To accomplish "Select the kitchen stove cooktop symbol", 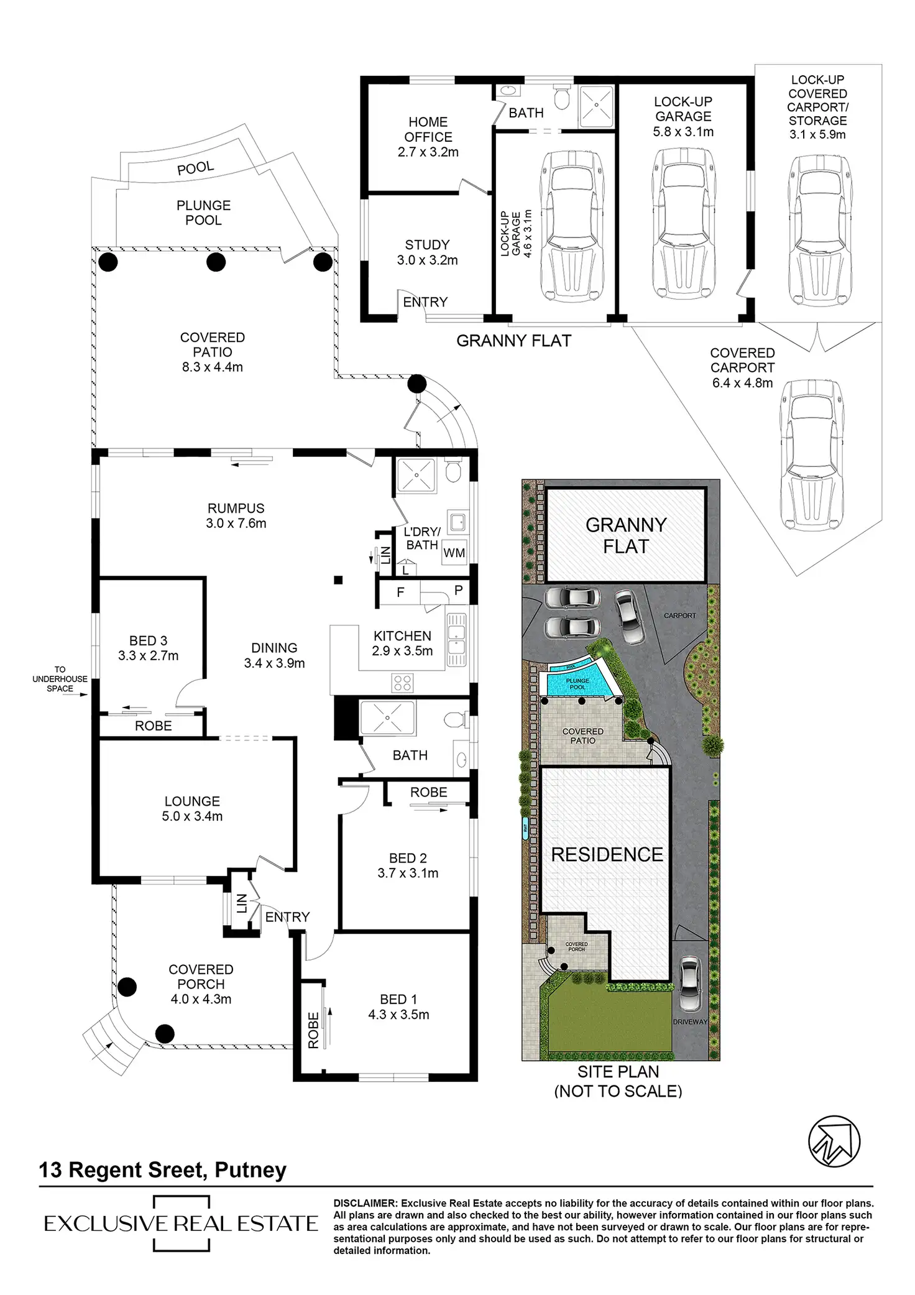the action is pos(402,683).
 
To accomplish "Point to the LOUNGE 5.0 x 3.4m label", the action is pos(192,809).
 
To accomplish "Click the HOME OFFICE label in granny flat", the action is pos(428,137).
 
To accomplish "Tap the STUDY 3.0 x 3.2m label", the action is pos(427,252).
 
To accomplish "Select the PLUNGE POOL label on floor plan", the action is pos(203,213).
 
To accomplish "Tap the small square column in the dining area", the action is pos(338,581).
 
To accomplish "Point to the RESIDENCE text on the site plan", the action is pos(607,854).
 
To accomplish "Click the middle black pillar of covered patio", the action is pos(216,262).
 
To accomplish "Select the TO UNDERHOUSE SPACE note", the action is pos(60,679).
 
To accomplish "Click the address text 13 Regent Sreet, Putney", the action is pos(163,1170).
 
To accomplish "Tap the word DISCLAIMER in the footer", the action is pos(364,1204).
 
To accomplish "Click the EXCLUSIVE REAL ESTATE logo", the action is pos(180,1223).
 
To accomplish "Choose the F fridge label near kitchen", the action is pos(400,592).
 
